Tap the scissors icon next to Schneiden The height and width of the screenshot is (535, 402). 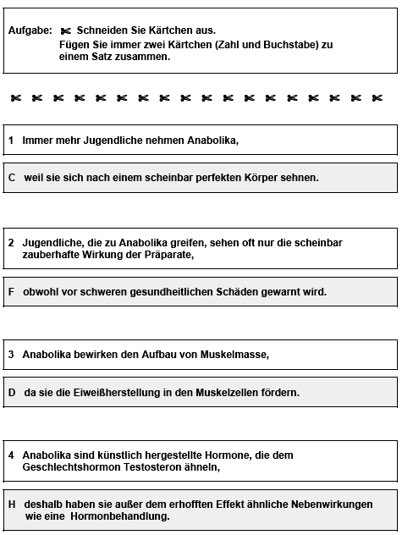(67, 30)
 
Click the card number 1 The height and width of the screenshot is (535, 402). (11, 140)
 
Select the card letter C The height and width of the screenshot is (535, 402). (12, 178)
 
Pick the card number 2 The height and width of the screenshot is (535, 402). (11, 242)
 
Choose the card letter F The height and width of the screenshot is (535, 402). (11, 291)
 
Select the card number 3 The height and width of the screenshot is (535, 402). (11, 355)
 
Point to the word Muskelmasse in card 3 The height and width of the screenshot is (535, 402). (237, 355)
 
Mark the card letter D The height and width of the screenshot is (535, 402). (12, 393)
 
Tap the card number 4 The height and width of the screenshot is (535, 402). (11, 455)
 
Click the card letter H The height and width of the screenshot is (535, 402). (12, 504)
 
